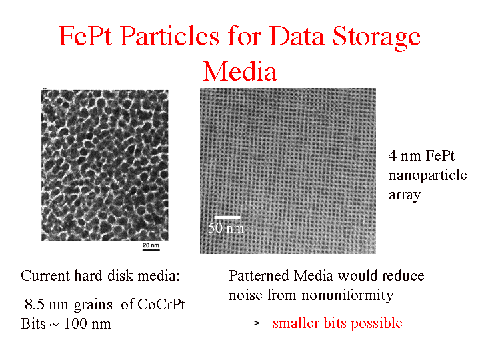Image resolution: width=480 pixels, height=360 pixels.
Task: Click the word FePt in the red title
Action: pos(85,36)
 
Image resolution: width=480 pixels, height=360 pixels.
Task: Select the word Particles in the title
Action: pos(169,36)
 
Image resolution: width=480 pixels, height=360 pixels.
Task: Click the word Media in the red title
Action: pos(240,71)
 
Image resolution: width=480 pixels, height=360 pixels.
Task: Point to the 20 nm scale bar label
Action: pos(151,245)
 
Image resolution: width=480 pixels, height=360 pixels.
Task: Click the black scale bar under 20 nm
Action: pos(151,251)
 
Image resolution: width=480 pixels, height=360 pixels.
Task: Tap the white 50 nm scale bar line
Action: pos(227,217)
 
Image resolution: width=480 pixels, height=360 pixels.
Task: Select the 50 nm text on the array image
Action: pos(226,228)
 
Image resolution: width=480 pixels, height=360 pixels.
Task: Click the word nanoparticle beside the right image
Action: pos(427,176)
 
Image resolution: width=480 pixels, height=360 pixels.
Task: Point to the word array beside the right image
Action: pos(405,195)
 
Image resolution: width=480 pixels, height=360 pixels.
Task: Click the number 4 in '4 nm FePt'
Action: pos(393,156)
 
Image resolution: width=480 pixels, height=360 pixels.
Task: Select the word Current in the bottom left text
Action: pos(45,275)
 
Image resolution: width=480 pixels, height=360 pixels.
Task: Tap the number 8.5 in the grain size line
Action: pos(35,304)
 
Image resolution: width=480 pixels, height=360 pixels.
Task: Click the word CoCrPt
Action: pos(161,304)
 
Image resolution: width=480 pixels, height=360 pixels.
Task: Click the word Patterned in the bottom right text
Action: pos(259,275)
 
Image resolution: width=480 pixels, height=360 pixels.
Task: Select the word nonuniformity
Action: pos(347,295)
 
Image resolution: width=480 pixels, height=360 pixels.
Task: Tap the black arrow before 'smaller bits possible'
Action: pos(253,323)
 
